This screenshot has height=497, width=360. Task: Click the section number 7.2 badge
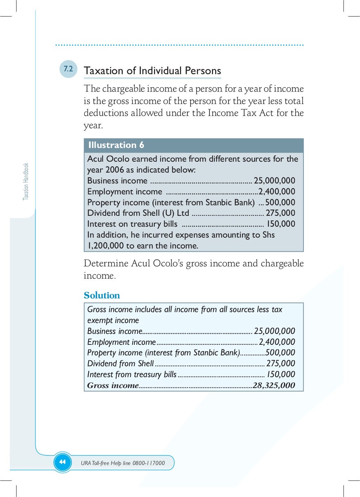[68, 69]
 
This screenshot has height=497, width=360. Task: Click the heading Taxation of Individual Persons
[152, 71]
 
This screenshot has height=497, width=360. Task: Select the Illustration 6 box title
[116, 145]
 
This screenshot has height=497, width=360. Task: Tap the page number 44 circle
[63, 462]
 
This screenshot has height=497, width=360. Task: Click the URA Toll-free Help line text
[123, 463]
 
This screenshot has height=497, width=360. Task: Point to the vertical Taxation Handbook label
[26, 181]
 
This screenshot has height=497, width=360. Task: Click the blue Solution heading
[102, 295]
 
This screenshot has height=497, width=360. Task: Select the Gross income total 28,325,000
[274, 385]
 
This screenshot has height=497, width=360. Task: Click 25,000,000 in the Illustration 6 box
[274, 181]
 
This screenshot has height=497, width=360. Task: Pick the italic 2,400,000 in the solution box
[277, 342]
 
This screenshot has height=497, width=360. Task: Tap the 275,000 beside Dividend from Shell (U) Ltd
[280, 213]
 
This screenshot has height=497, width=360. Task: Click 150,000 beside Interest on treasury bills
[281, 224]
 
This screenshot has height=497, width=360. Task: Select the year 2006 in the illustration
[115, 170]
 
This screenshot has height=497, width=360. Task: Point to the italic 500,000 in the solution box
[280, 353]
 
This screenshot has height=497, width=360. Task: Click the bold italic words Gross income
[113, 385]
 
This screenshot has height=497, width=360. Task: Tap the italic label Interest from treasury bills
[132, 374]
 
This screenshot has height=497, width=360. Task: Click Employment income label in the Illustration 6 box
[124, 192]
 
